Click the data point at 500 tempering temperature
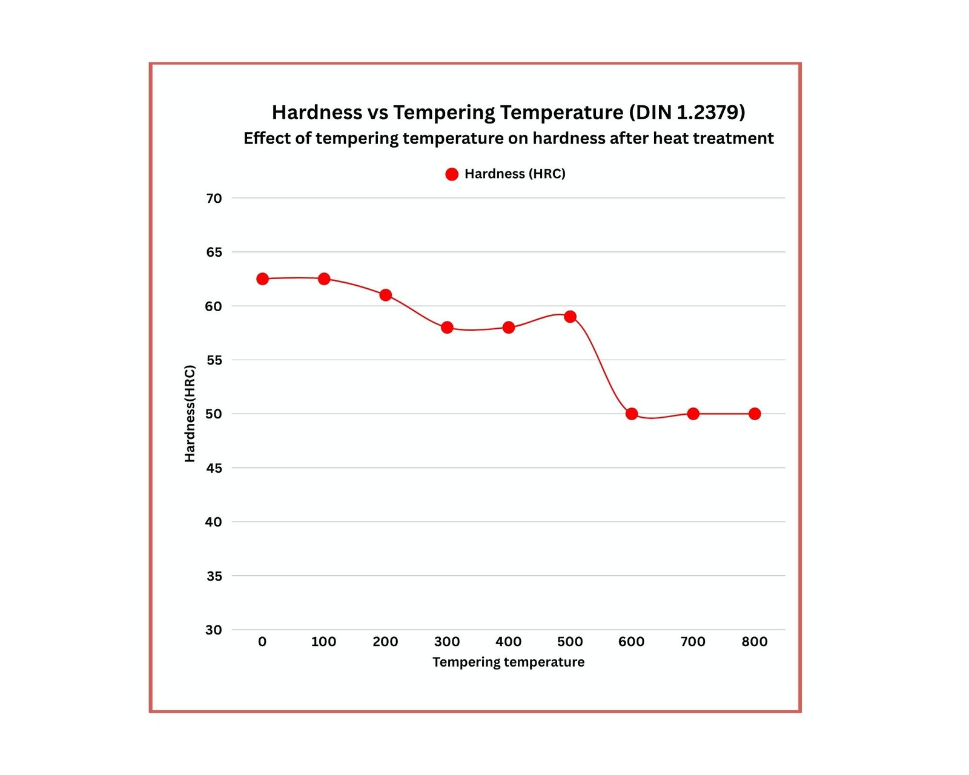tap(570, 317)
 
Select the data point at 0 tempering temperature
tap(262, 279)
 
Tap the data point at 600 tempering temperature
tap(632, 414)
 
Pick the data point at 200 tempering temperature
tap(385, 295)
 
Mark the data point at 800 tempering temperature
tap(755, 414)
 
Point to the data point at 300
tap(447, 328)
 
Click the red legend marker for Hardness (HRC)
tap(452, 174)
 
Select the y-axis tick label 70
tap(214, 199)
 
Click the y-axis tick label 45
tap(214, 468)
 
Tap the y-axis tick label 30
tap(214, 630)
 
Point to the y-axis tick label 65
tap(214, 252)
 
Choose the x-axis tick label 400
tap(508, 642)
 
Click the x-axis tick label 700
tap(693, 642)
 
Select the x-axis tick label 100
tap(323, 642)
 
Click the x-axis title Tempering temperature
tap(508, 662)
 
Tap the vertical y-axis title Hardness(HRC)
tap(190, 414)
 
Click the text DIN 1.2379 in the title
tap(687, 113)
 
